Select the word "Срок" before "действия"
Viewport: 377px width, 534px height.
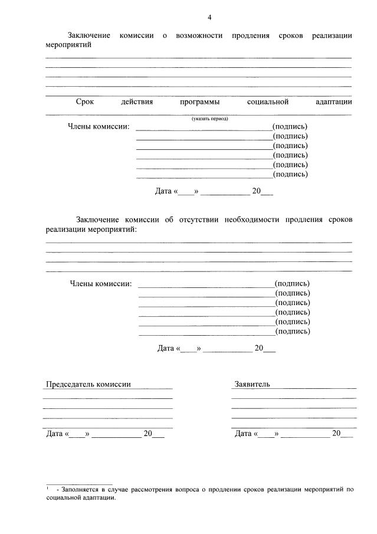click(85, 101)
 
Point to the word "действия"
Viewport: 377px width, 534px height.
click(137, 101)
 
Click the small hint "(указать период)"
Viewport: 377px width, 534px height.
click(209, 119)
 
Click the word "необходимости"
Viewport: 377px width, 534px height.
click(253, 220)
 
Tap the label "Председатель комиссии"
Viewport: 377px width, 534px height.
click(88, 384)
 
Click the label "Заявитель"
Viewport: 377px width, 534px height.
click(253, 384)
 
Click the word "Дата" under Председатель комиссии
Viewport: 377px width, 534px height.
click(54, 434)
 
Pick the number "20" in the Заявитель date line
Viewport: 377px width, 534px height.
click(336, 434)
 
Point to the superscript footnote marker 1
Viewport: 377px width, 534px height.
click(47, 487)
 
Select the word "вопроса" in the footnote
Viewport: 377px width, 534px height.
click(202, 489)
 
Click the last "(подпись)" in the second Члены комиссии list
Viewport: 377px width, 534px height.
click(293, 332)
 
